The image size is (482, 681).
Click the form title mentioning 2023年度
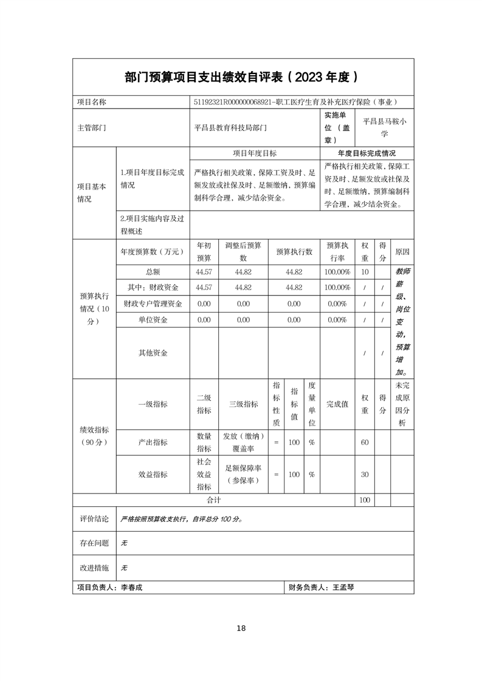pyautogui.click(x=241, y=77)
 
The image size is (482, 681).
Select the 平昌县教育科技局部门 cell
pyautogui.click(x=230, y=128)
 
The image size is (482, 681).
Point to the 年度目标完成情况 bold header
pyautogui.click(x=367, y=154)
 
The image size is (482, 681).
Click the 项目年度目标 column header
pyautogui.click(x=255, y=154)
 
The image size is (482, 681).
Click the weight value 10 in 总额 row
pyautogui.click(x=365, y=272)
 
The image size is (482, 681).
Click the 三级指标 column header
pyautogui.click(x=243, y=404)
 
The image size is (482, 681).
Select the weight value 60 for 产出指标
pyautogui.click(x=365, y=442)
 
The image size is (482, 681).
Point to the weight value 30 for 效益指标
pyautogui.click(x=365, y=474)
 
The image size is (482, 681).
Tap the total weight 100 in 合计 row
pyautogui.click(x=365, y=500)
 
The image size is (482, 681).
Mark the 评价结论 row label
pyautogui.click(x=94, y=520)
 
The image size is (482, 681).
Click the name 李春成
pyautogui.click(x=131, y=588)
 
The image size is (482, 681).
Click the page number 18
pyautogui.click(x=241, y=628)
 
